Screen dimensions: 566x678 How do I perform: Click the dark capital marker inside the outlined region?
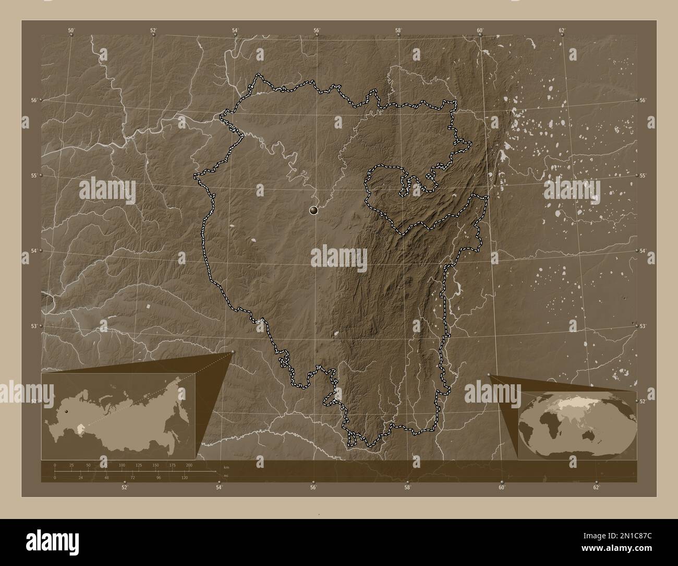(x=313, y=210)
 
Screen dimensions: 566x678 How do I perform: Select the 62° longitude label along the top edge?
(x=562, y=30)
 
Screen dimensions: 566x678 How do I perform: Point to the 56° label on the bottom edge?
(x=313, y=488)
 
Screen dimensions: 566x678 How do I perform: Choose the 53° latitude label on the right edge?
(x=643, y=326)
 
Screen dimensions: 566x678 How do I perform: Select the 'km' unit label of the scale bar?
(x=226, y=467)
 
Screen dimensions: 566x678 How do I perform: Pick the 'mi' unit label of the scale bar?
(x=225, y=475)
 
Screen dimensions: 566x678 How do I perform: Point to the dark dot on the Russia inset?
(x=66, y=411)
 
